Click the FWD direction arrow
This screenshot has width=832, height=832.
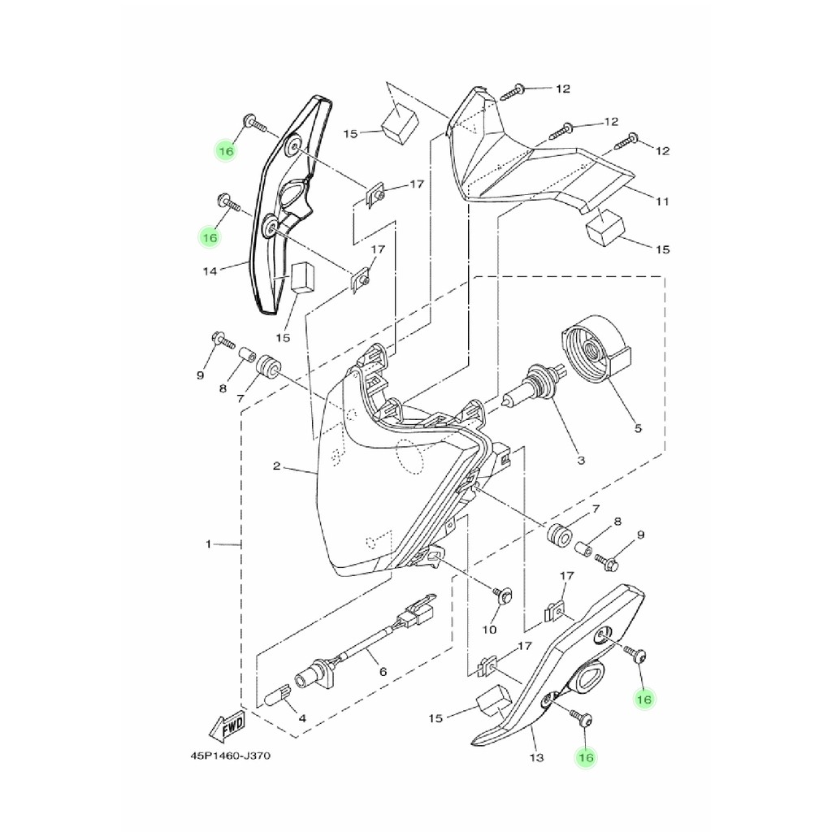pyautogui.click(x=227, y=726)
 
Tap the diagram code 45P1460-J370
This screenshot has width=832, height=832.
pyautogui.click(x=230, y=755)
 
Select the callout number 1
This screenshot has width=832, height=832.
pyautogui.click(x=209, y=544)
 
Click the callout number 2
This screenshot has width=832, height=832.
pyautogui.click(x=276, y=466)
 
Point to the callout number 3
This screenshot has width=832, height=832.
pyautogui.click(x=580, y=461)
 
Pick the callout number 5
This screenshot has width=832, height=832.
pyautogui.click(x=638, y=427)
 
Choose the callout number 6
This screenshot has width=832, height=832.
pyautogui.click(x=383, y=672)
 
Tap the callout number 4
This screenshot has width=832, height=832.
pyautogui.click(x=302, y=719)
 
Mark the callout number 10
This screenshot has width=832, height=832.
pyautogui.click(x=489, y=630)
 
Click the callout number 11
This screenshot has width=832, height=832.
pyautogui.click(x=662, y=201)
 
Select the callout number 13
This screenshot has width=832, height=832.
pyautogui.click(x=537, y=758)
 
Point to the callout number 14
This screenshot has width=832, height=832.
pyautogui.click(x=210, y=271)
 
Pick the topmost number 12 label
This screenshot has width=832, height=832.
pyautogui.click(x=563, y=89)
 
